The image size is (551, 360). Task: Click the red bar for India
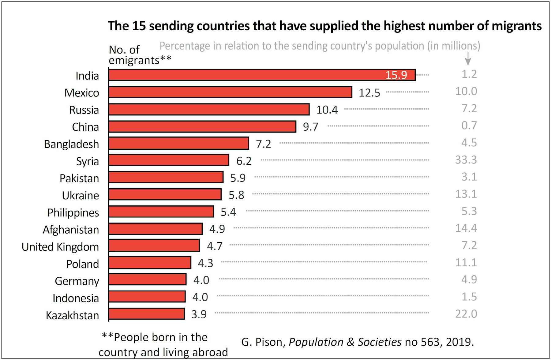coord(245,75)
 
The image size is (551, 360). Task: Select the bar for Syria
coord(168,160)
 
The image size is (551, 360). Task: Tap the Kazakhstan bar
coord(146,314)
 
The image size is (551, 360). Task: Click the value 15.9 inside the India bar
coord(396,75)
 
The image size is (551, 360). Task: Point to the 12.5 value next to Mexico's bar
coord(369,93)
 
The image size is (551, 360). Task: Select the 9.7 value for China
coord(310,127)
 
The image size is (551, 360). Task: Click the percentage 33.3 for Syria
coord(466,160)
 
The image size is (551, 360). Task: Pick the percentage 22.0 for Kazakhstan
coord(466,314)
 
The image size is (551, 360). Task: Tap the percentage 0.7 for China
coord(469,126)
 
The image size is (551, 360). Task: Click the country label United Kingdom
coord(60,247)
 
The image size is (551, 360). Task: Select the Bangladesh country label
coord(71,144)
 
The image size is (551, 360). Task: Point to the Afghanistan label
coord(71,230)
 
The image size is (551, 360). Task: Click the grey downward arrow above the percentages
coord(468,59)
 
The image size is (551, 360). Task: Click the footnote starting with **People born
coord(163,345)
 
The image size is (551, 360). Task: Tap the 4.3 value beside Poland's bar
coord(205,263)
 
